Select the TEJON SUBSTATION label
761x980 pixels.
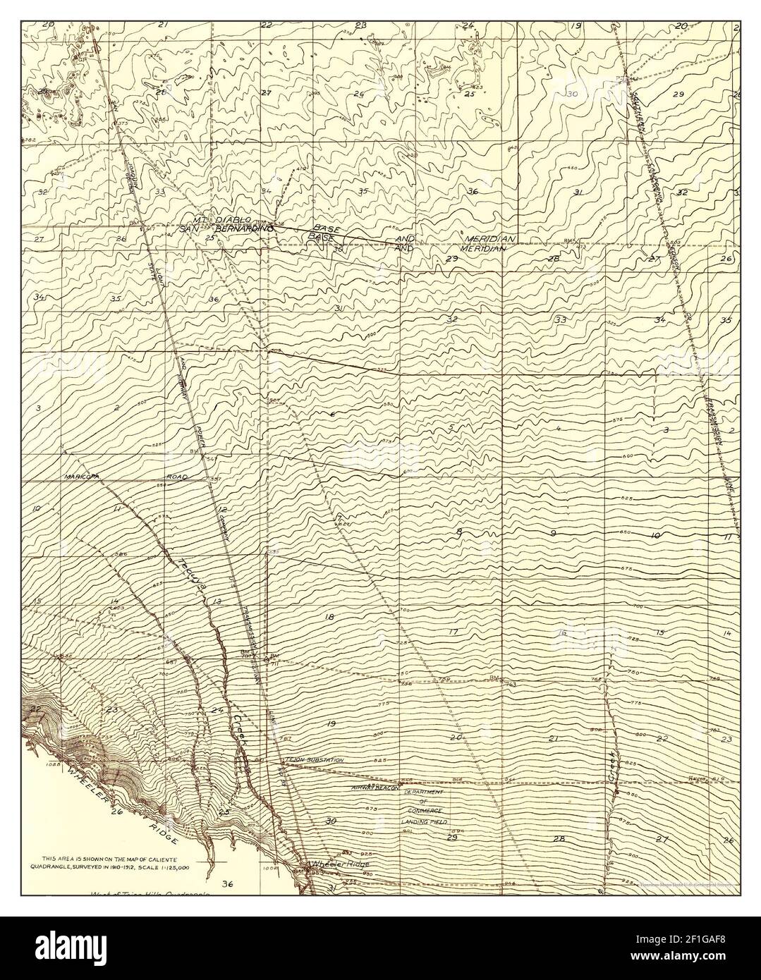[315, 760]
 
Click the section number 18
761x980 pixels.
[329, 617]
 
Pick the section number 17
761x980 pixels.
[453, 631]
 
